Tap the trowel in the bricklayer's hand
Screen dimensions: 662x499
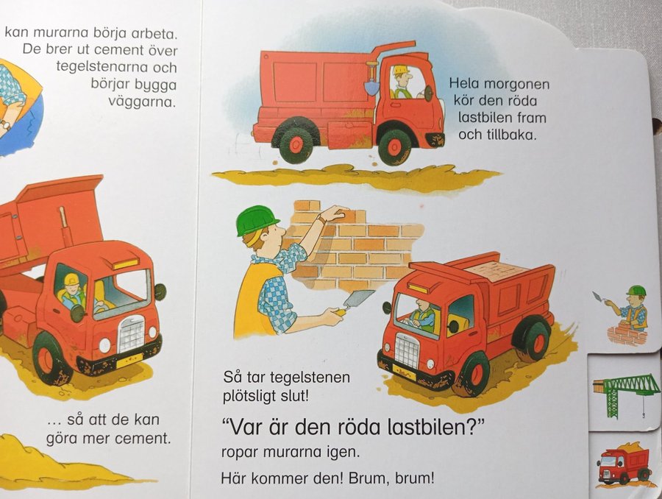[355, 301]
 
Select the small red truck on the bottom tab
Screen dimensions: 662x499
[624, 464]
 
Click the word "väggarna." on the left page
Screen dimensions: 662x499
[142, 102]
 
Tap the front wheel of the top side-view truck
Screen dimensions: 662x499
[394, 146]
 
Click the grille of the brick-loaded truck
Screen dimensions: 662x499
[406, 350]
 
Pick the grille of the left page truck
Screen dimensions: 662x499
[132, 334]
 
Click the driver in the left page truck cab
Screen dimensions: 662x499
[72, 291]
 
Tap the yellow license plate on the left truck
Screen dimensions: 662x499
[129, 360]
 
